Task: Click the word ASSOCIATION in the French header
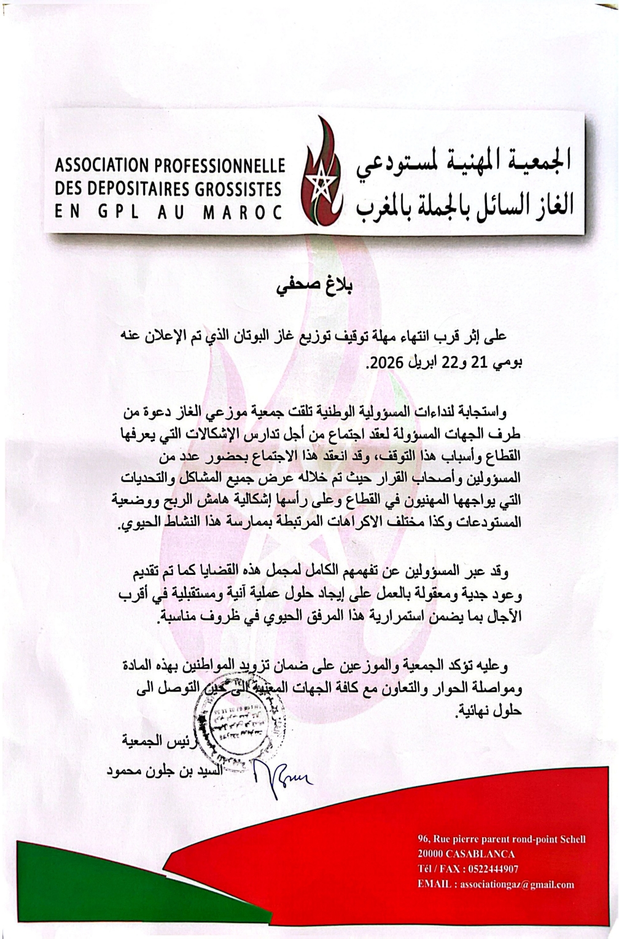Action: click(93, 166)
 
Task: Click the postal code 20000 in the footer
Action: click(430, 854)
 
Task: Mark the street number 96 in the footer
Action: click(422, 839)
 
